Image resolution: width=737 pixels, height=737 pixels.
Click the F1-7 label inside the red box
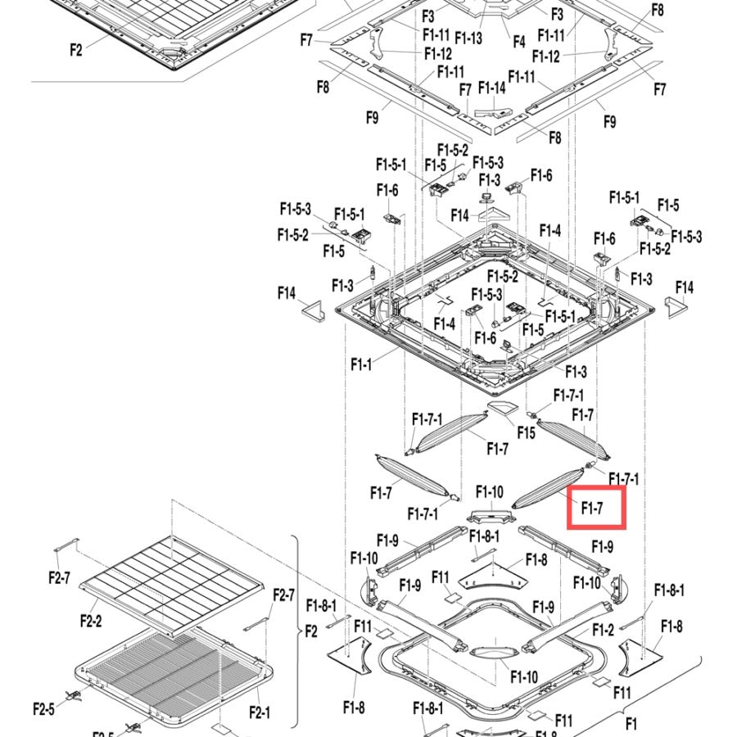[x=592, y=508]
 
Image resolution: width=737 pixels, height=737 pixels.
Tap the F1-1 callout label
[x=361, y=364]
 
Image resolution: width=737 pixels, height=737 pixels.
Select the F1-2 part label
[x=603, y=630]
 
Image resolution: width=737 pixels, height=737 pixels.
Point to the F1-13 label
[x=468, y=38]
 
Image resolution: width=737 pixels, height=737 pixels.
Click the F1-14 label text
[x=491, y=88]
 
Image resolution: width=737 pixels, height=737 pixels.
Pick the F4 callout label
[x=519, y=42]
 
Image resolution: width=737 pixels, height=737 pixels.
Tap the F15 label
[x=526, y=432]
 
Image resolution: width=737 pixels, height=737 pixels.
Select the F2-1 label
[x=260, y=713]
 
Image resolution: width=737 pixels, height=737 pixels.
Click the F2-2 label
[x=91, y=621]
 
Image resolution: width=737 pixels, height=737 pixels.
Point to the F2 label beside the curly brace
[x=311, y=631]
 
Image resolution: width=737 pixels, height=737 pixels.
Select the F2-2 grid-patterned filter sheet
[x=172, y=586]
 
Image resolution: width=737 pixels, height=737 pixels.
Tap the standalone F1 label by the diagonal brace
[x=631, y=722]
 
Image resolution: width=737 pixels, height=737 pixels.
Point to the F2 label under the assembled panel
[x=76, y=49]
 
